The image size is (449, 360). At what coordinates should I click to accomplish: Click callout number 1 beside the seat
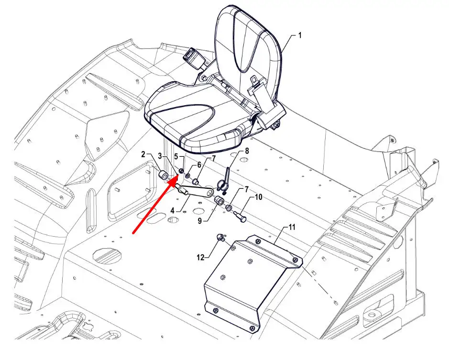coord(300,35)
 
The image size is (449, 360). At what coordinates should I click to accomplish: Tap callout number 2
coord(143,154)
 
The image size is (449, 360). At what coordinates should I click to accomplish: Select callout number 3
coord(160,156)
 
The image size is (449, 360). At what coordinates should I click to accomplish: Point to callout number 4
coord(173,211)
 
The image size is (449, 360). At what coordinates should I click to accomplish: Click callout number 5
coord(176,156)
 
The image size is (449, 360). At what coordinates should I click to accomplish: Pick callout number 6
coord(199,165)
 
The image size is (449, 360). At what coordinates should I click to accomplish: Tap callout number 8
coord(247,151)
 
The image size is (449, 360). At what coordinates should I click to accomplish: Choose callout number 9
coord(200,220)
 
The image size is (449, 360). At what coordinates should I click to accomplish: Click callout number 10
coord(258,197)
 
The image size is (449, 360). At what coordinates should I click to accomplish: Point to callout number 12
coord(200,258)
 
